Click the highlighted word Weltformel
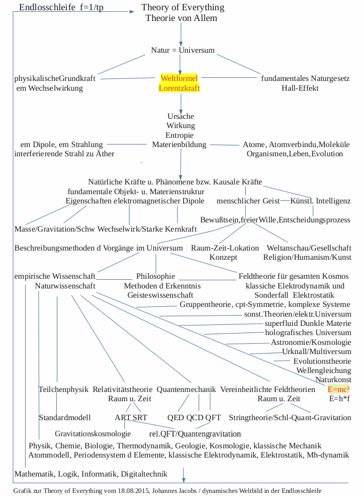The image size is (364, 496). pos(179,78)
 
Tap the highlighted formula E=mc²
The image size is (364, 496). pos(339,389)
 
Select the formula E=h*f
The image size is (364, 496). pos(339,399)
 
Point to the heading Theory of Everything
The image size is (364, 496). pos(183,8)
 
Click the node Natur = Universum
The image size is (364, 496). pos(183,50)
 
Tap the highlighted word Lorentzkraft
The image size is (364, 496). pos(179,88)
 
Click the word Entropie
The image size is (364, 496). pos(180,135)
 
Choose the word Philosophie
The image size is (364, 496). pos(156,276)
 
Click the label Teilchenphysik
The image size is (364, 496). pos(63,389)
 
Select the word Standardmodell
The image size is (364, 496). pos(65,418)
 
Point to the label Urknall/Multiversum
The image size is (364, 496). pos(317,352)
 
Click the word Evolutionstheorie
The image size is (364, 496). pos(322,361)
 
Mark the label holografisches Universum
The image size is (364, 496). pos(308,333)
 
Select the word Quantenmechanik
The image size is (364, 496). pos(186,389)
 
